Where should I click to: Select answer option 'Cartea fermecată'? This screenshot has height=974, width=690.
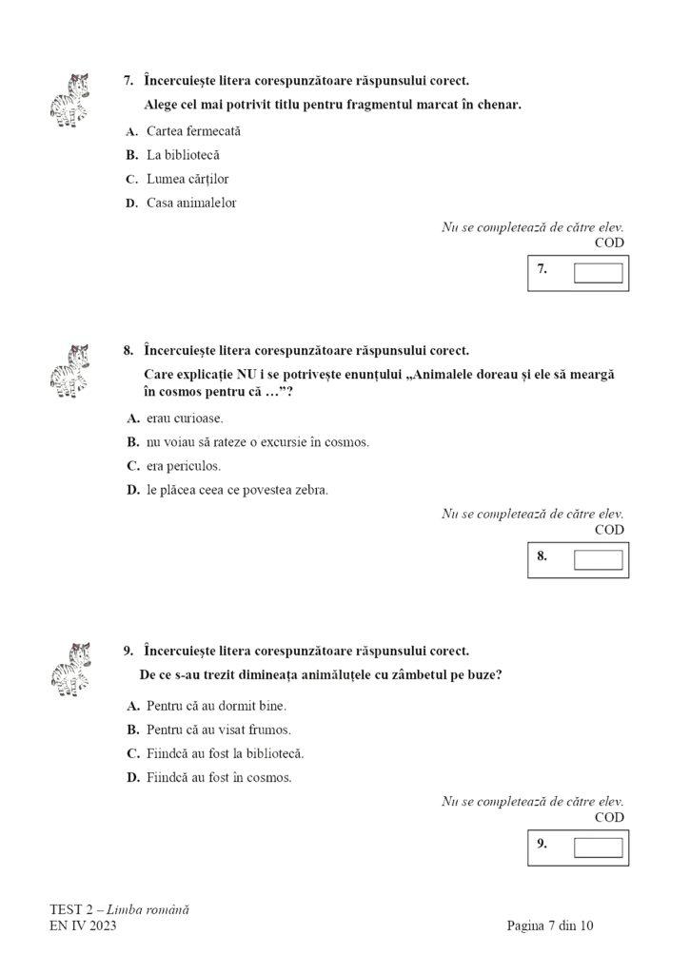point(194,131)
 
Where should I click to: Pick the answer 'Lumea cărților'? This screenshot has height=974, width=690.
point(187,179)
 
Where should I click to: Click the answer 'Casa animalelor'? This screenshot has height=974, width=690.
point(191,203)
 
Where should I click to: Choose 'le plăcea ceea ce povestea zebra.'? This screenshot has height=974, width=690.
point(237,490)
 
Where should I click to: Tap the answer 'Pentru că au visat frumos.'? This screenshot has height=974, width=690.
point(218,730)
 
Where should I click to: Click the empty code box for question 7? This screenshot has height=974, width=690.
point(598,274)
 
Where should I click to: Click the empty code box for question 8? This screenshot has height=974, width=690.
point(598,560)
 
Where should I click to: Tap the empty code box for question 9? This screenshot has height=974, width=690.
point(598,847)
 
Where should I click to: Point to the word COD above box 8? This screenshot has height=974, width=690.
point(609,530)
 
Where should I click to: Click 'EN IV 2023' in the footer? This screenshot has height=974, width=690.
point(83,925)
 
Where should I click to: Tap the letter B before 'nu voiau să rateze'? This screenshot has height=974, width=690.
point(132,442)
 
